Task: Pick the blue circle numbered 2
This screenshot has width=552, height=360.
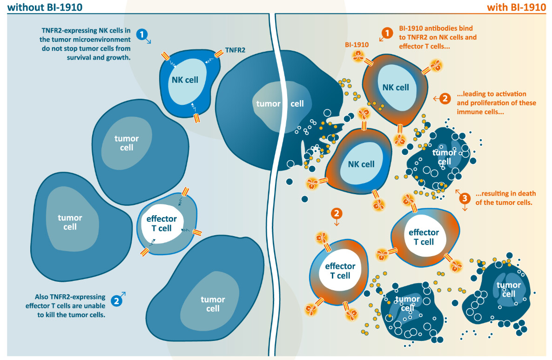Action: [117, 301]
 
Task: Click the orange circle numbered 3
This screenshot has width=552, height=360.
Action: [464, 198]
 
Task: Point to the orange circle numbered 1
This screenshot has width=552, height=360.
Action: [386, 33]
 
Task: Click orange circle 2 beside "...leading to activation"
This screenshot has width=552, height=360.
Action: [444, 98]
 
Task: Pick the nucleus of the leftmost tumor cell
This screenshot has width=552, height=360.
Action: [70, 222]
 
